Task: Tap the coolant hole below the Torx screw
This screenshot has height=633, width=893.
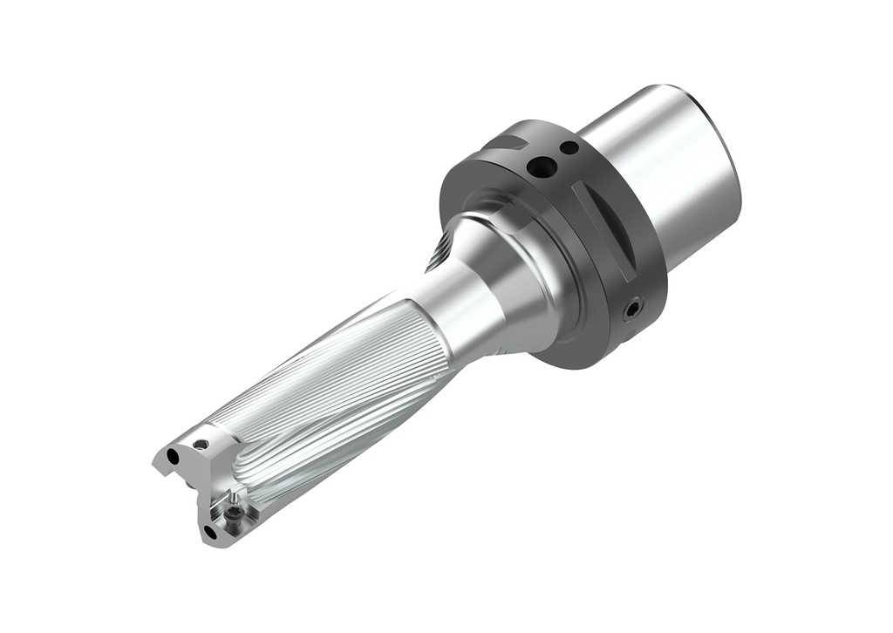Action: click(x=210, y=530)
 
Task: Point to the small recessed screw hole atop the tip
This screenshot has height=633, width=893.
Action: click(x=201, y=444)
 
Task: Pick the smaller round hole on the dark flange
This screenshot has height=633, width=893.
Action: click(x=569, y=148)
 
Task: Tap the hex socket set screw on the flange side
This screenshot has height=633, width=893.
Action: click(x=635, y=307)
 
